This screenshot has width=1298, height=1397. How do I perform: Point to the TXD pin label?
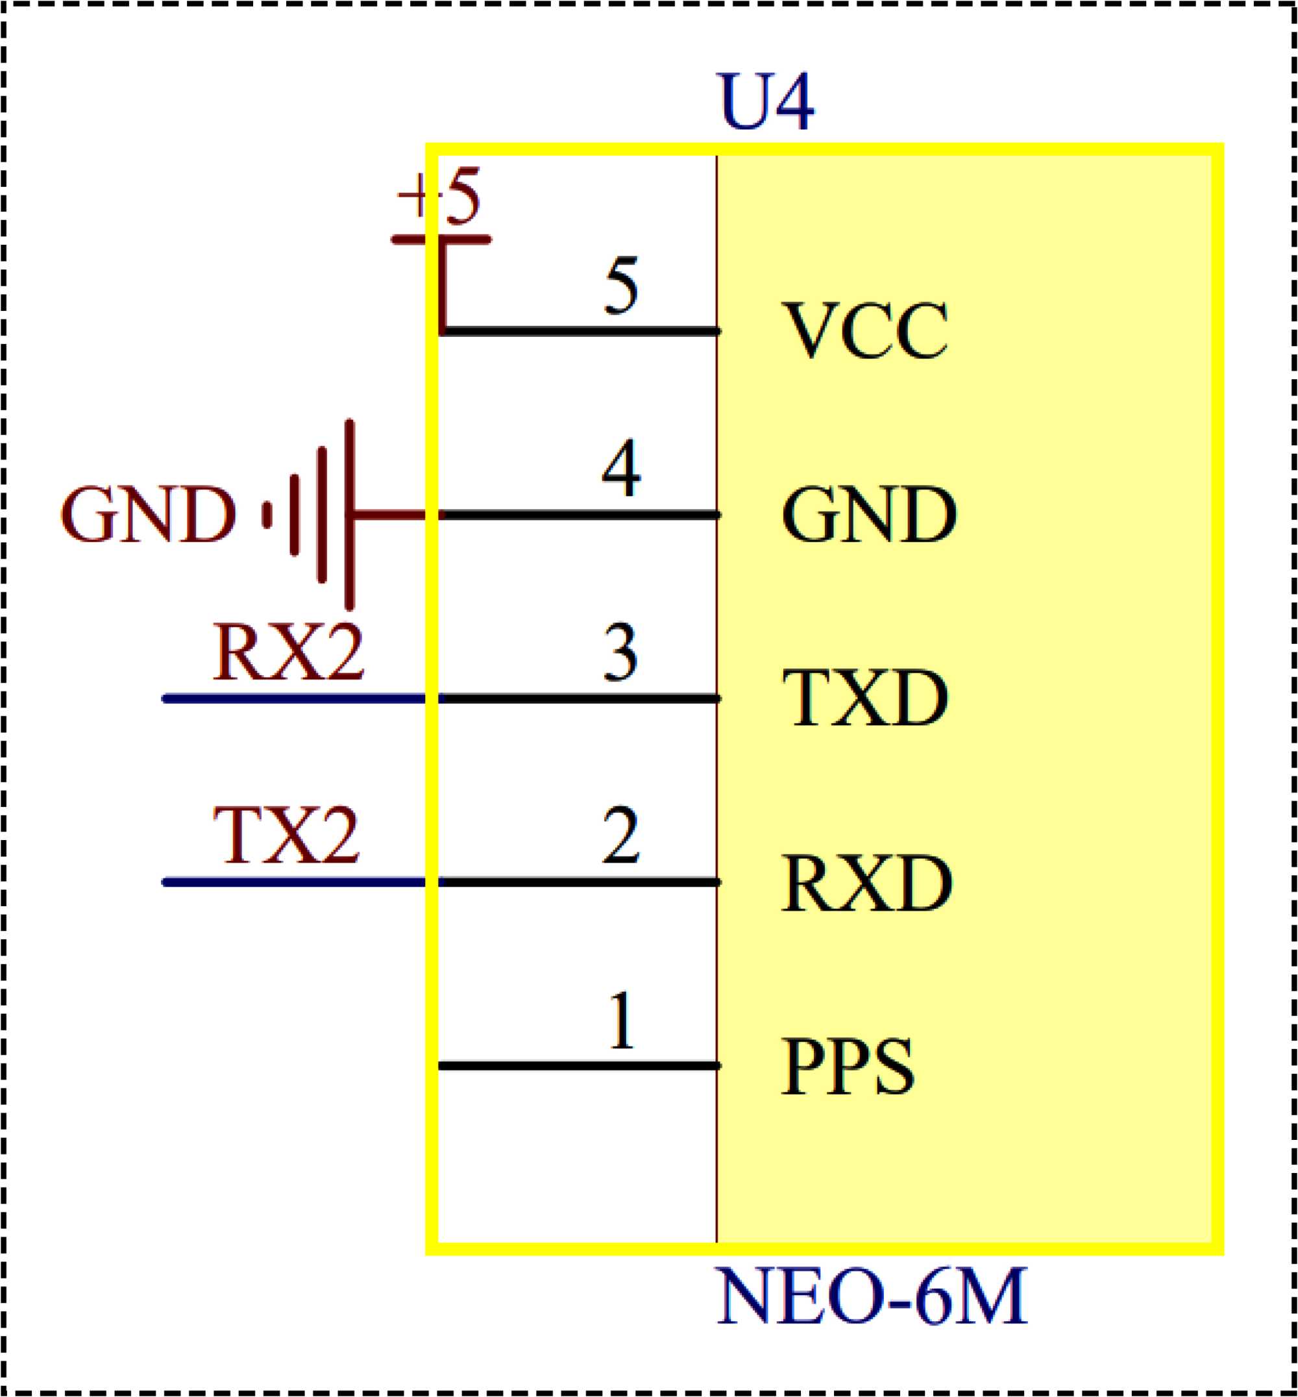tap(864, 698)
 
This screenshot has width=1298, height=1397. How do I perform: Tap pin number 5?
tap(621, 285)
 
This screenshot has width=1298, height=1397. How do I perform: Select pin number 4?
tap(621, 468)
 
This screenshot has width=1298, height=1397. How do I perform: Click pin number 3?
tap(621, 654)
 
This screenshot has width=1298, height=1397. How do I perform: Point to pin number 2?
tap(621, 836)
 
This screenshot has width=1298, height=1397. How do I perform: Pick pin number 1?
tap(622, 1020)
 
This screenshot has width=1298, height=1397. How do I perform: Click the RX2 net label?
tap(288, 652)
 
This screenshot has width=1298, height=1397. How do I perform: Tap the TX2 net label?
tap(287, 835)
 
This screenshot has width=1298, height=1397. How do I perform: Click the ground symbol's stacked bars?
tap(322, 515)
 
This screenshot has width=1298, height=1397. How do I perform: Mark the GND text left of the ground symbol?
tap(147, 515)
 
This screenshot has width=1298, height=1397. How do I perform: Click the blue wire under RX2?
tap(295, 698)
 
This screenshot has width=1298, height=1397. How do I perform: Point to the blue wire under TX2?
tap(295, 882)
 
